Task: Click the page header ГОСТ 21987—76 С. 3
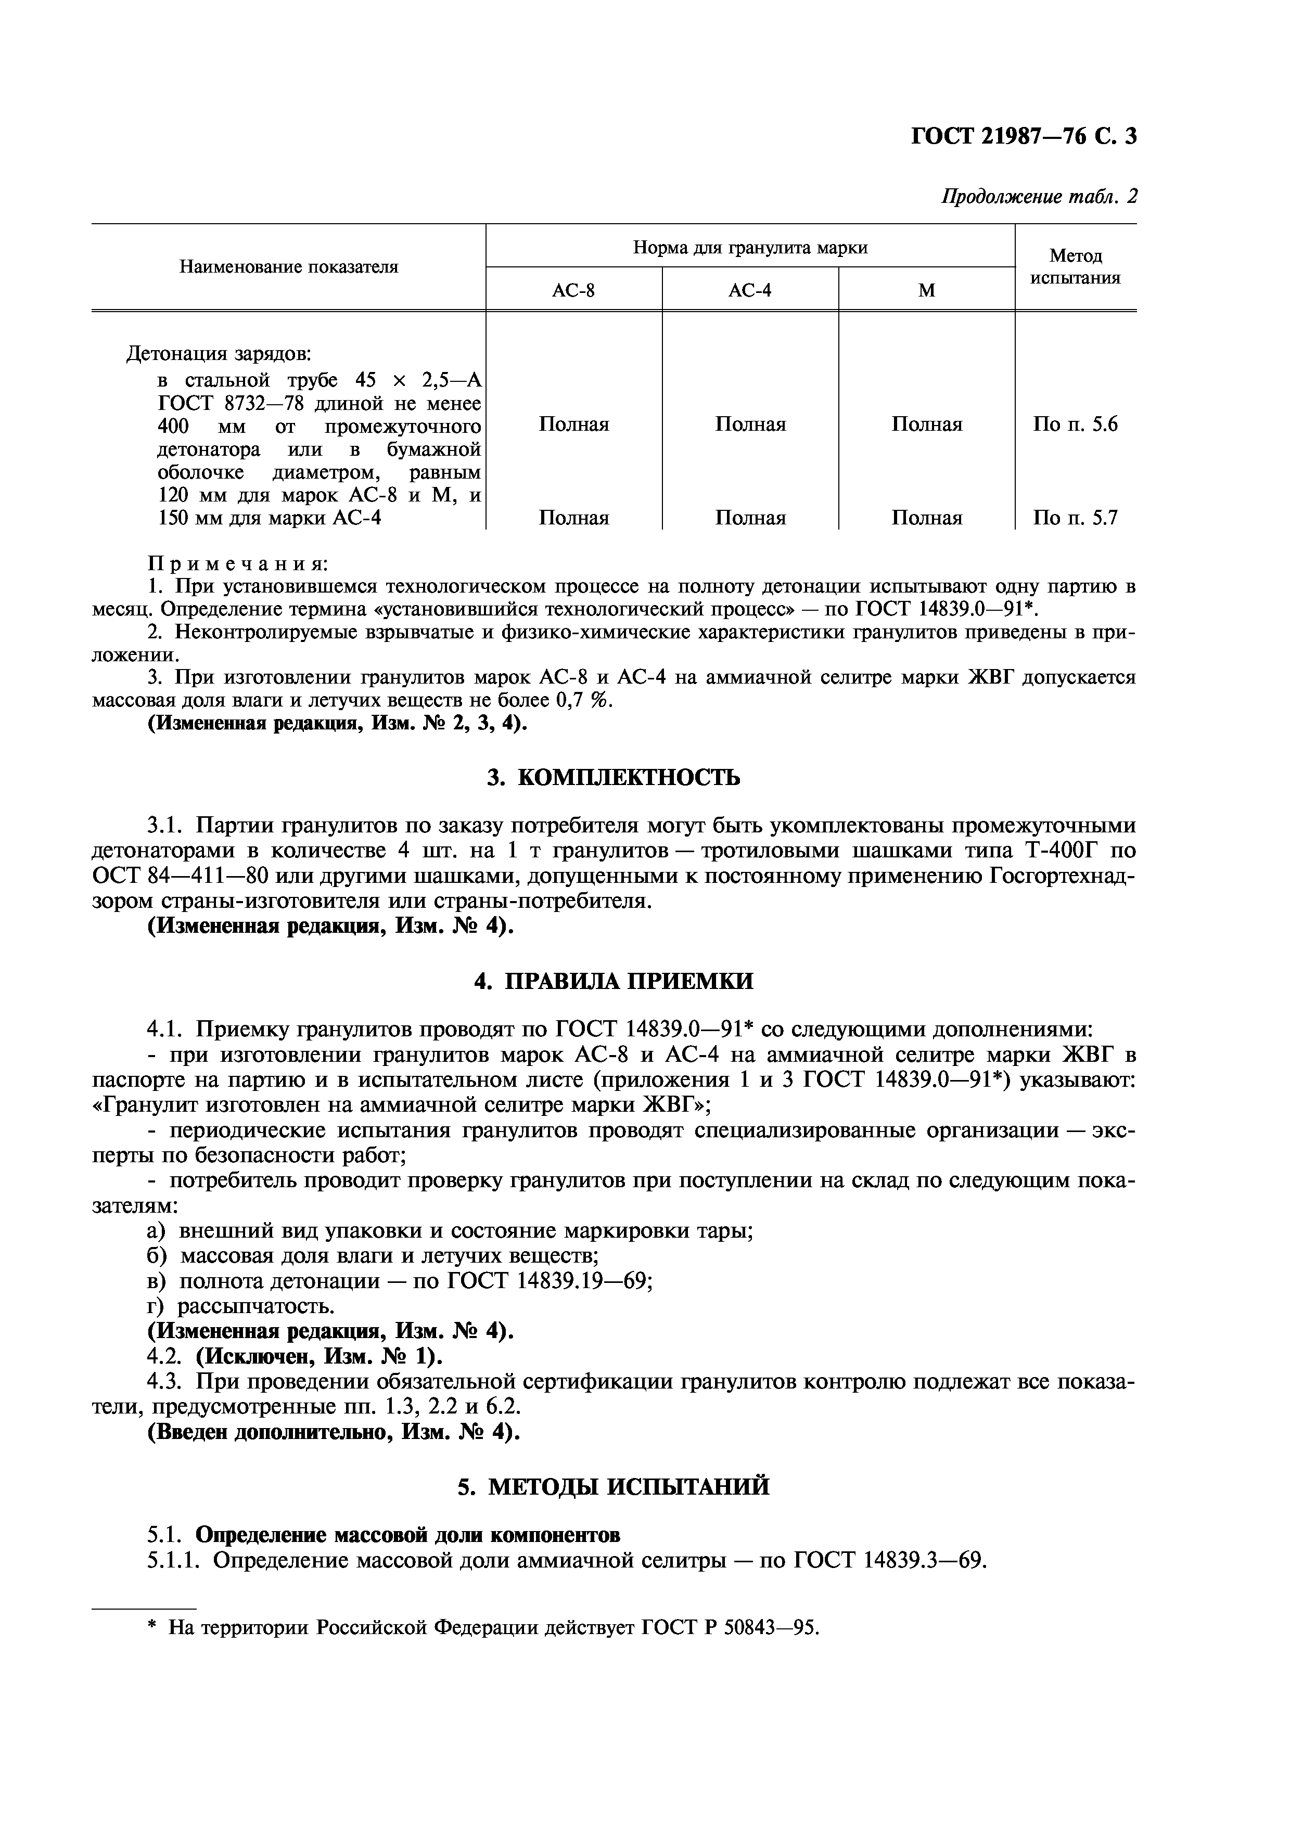coord(1023,137)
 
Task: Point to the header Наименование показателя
coord(288,267)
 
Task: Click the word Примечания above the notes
coord(238,563)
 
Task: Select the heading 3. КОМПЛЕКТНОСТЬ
coord(613,777)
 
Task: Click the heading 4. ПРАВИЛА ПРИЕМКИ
coord(613,981)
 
